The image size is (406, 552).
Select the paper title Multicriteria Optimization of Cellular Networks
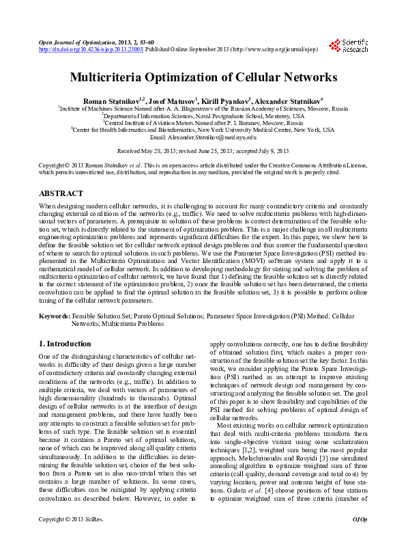(x=203, y=78)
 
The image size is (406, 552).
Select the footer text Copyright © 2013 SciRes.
(x=71, y=539)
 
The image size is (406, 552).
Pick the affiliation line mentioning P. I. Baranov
(x=203, y=122)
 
